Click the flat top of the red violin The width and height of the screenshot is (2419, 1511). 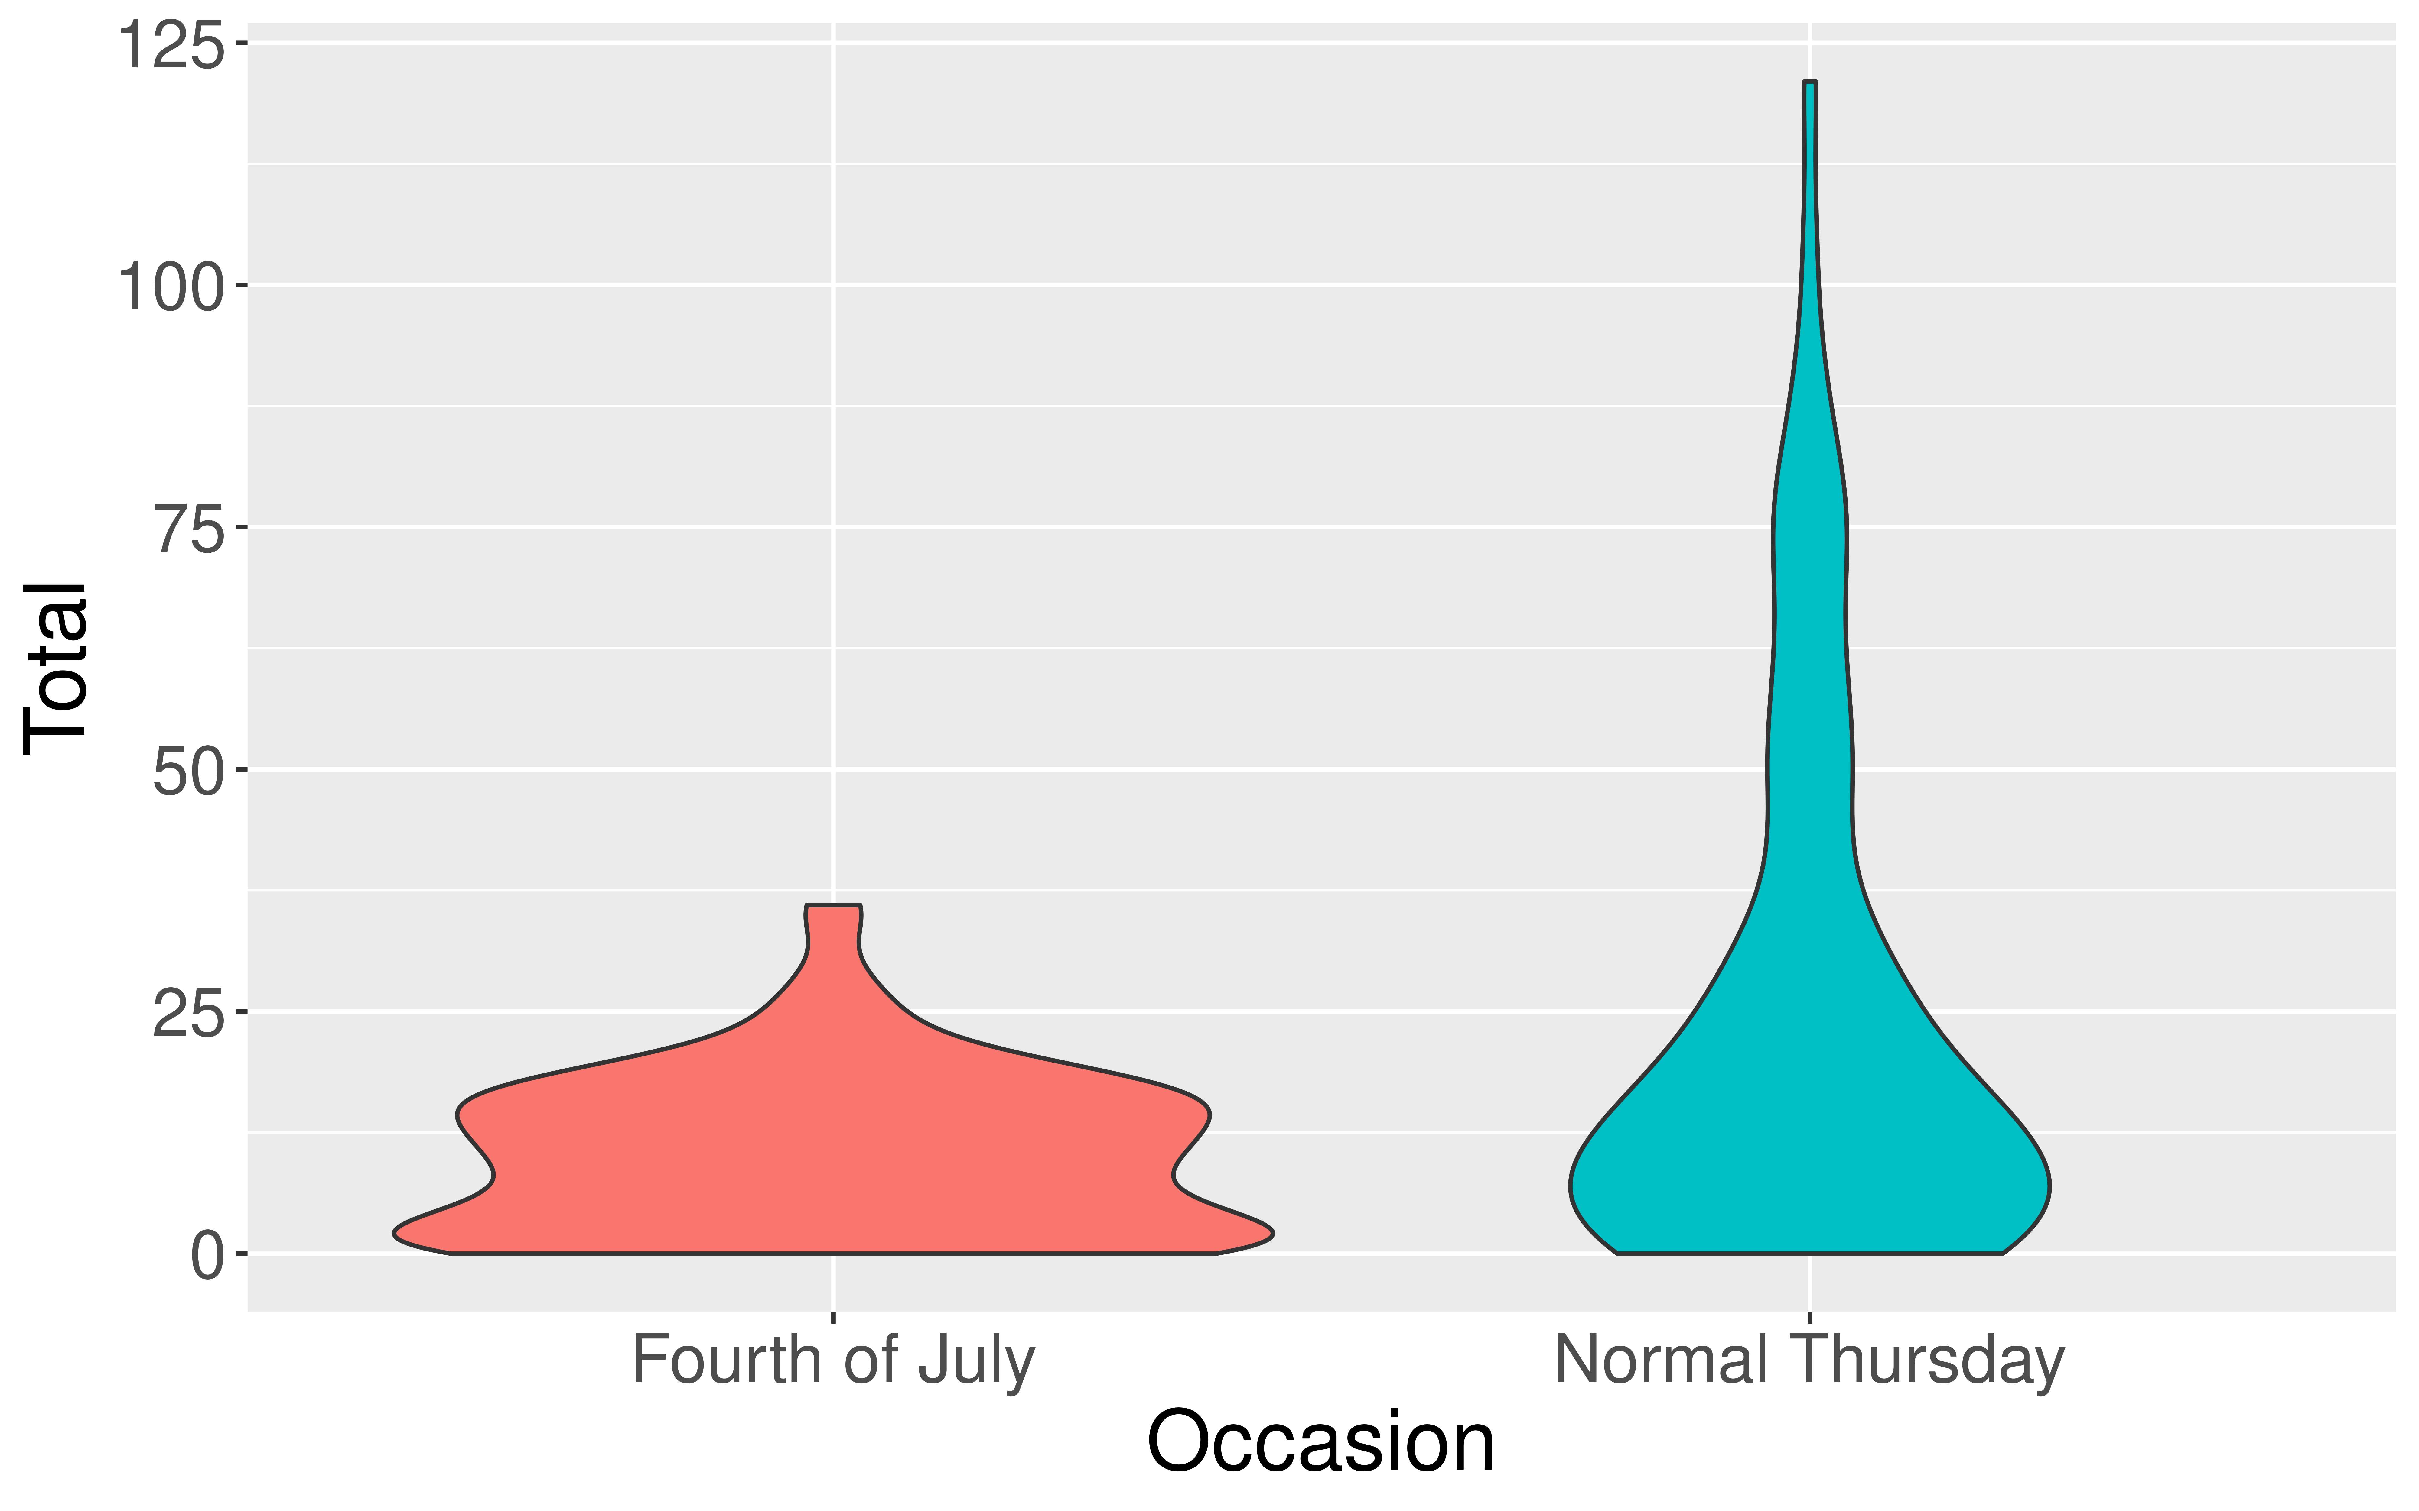point(833,905)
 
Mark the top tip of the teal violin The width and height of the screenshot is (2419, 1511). point(1809,83)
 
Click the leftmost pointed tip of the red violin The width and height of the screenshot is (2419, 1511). point(395,1234)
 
